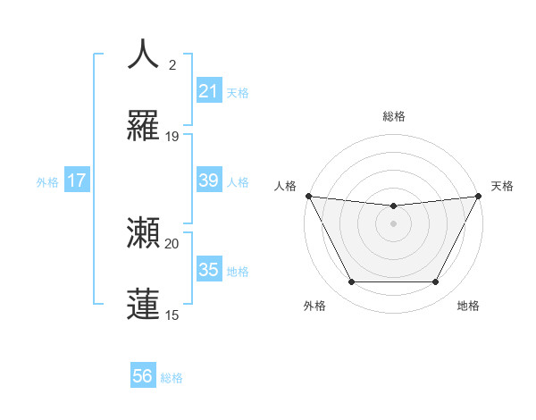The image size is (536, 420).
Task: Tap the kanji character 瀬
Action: pyautogui.click(x=144, y=232)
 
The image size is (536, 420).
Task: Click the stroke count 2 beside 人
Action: pyautogui.click(x=172, y=64)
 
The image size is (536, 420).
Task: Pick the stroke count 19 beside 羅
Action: pyautogui.click(x=172, y=137)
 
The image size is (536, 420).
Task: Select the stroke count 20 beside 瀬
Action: pyautogui.click(x=172, y=243)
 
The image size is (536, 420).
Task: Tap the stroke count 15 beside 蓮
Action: pyautogui.click(x=172, y=315)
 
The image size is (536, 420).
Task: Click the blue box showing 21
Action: pyautogui.click(x=208, y=91)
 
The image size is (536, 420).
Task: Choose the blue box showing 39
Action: pyautogui.click(x=208, y=181)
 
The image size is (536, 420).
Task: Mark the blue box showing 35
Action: pyautogui.click(x=208, y=269)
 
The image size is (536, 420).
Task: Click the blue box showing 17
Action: pyautogui.click(x=77, y=181)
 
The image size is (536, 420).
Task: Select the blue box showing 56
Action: pyautogui.click(x=143, y=376)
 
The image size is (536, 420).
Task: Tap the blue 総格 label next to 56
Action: pyautogui.click(x=172, y=378)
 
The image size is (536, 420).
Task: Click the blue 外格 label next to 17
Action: pyautogui.click(x=47, y=182)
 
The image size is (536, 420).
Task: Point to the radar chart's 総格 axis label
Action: pyautogui.click(x=393, y=116)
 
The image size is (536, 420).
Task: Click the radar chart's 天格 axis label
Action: pyautogui.click(x=502, y=186)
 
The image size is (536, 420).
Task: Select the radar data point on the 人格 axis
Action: pyautogui.click(x=308, y=196)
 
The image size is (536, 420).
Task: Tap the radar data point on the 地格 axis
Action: pyautogui.click(x=436, y=282)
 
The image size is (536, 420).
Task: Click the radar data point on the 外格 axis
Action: pyautogui.click(x=351, y=282)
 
